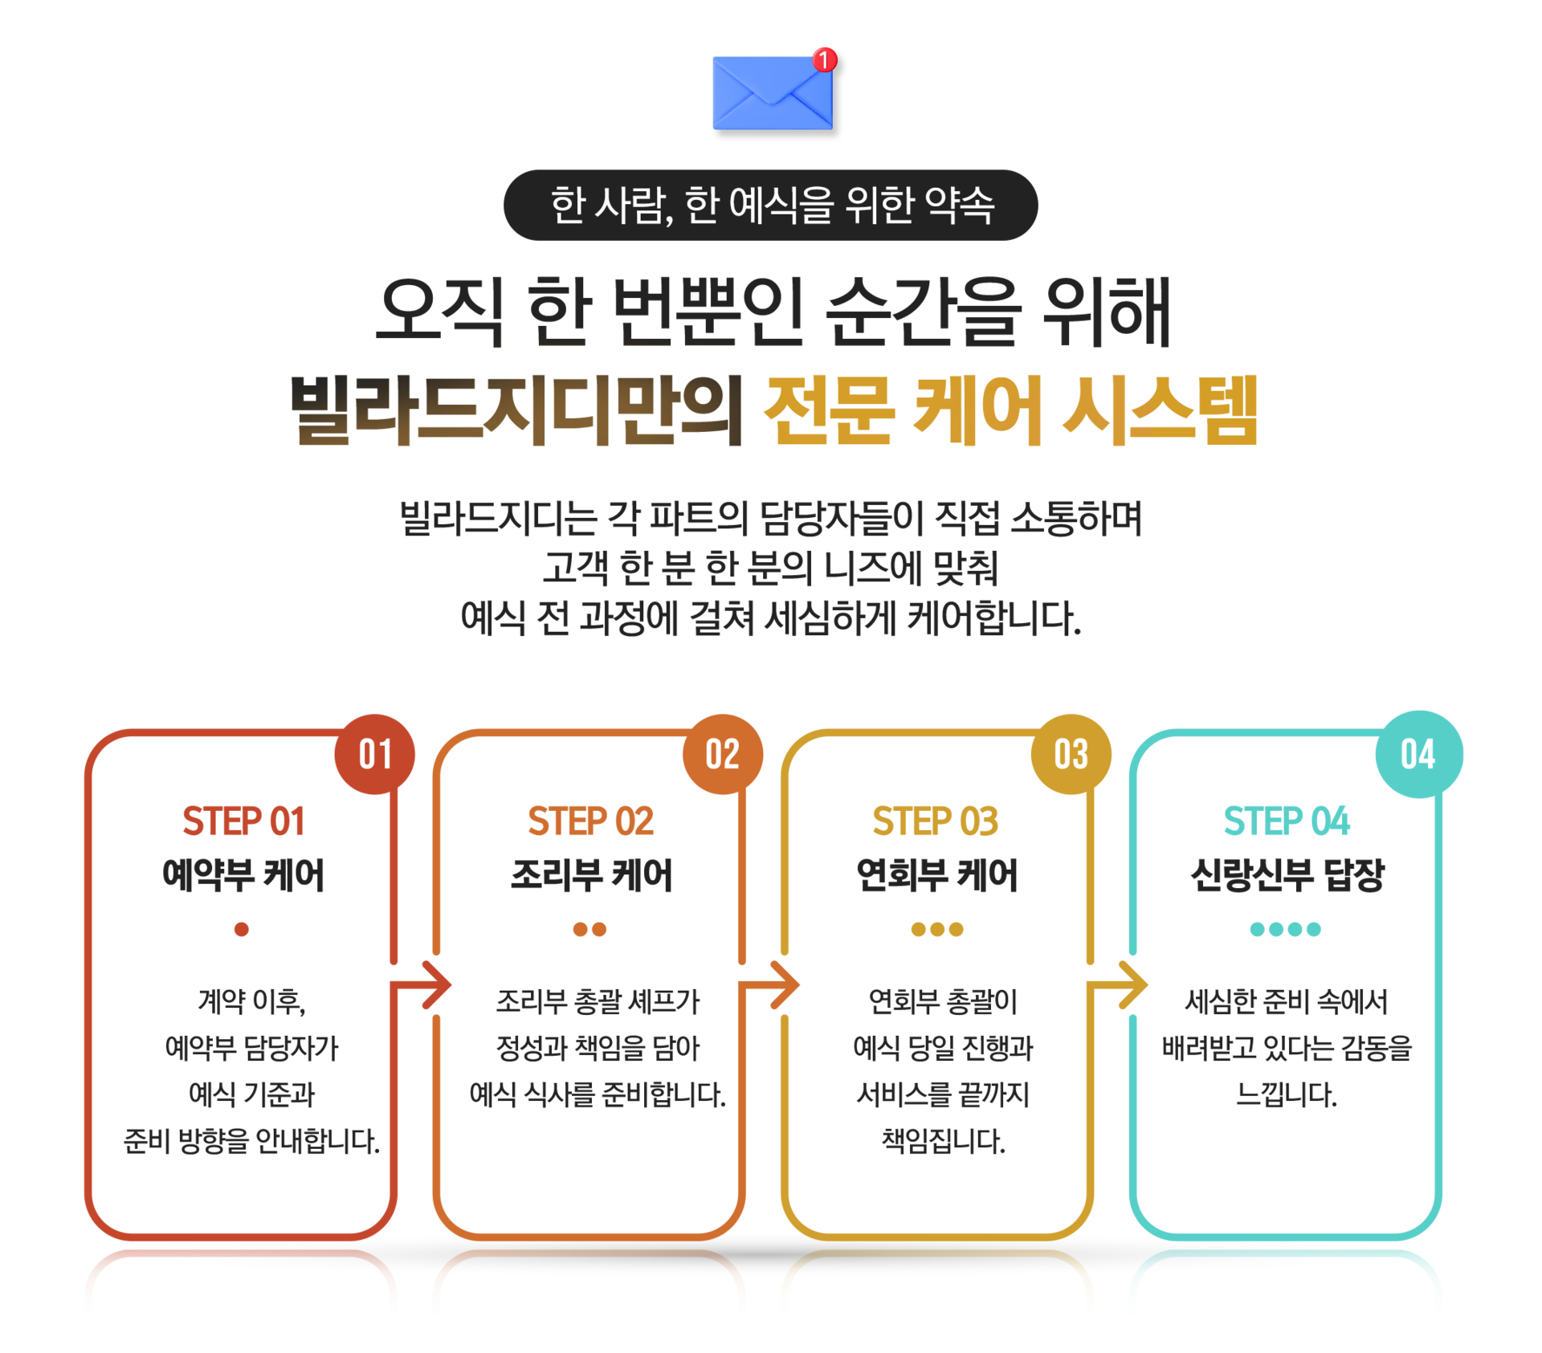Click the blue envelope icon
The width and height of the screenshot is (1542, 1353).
point(771,93)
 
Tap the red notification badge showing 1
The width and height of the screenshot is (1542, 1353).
point(824,59)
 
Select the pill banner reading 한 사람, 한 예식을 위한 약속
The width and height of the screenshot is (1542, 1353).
point(771,205)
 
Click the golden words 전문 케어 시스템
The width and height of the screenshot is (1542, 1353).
point(1010,410)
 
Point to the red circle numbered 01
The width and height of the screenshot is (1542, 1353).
point(375,755)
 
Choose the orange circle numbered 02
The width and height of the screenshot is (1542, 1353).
point(723,755)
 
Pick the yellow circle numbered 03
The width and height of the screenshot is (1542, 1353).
point(1071,755)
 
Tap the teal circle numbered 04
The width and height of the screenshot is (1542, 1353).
point(1418,755)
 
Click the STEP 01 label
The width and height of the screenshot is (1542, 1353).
point(243,821)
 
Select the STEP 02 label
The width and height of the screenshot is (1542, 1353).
point(590,821)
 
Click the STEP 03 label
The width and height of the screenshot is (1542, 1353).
point(936,821)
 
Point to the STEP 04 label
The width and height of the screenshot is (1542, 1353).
point(1287,821)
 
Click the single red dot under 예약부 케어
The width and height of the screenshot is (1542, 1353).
point(242,929)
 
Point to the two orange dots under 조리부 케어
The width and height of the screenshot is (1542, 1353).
point(589,929)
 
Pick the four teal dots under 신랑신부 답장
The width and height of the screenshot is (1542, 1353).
point(1285,929)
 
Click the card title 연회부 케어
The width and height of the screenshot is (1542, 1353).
point(937,875)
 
